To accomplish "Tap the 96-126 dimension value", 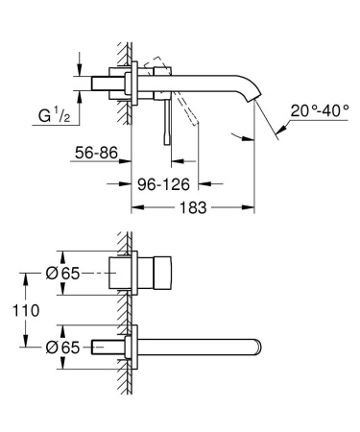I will tap(157, 181).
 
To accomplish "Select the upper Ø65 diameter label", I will tap(63, 274).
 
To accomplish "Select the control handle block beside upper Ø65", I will tap(158, 274).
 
